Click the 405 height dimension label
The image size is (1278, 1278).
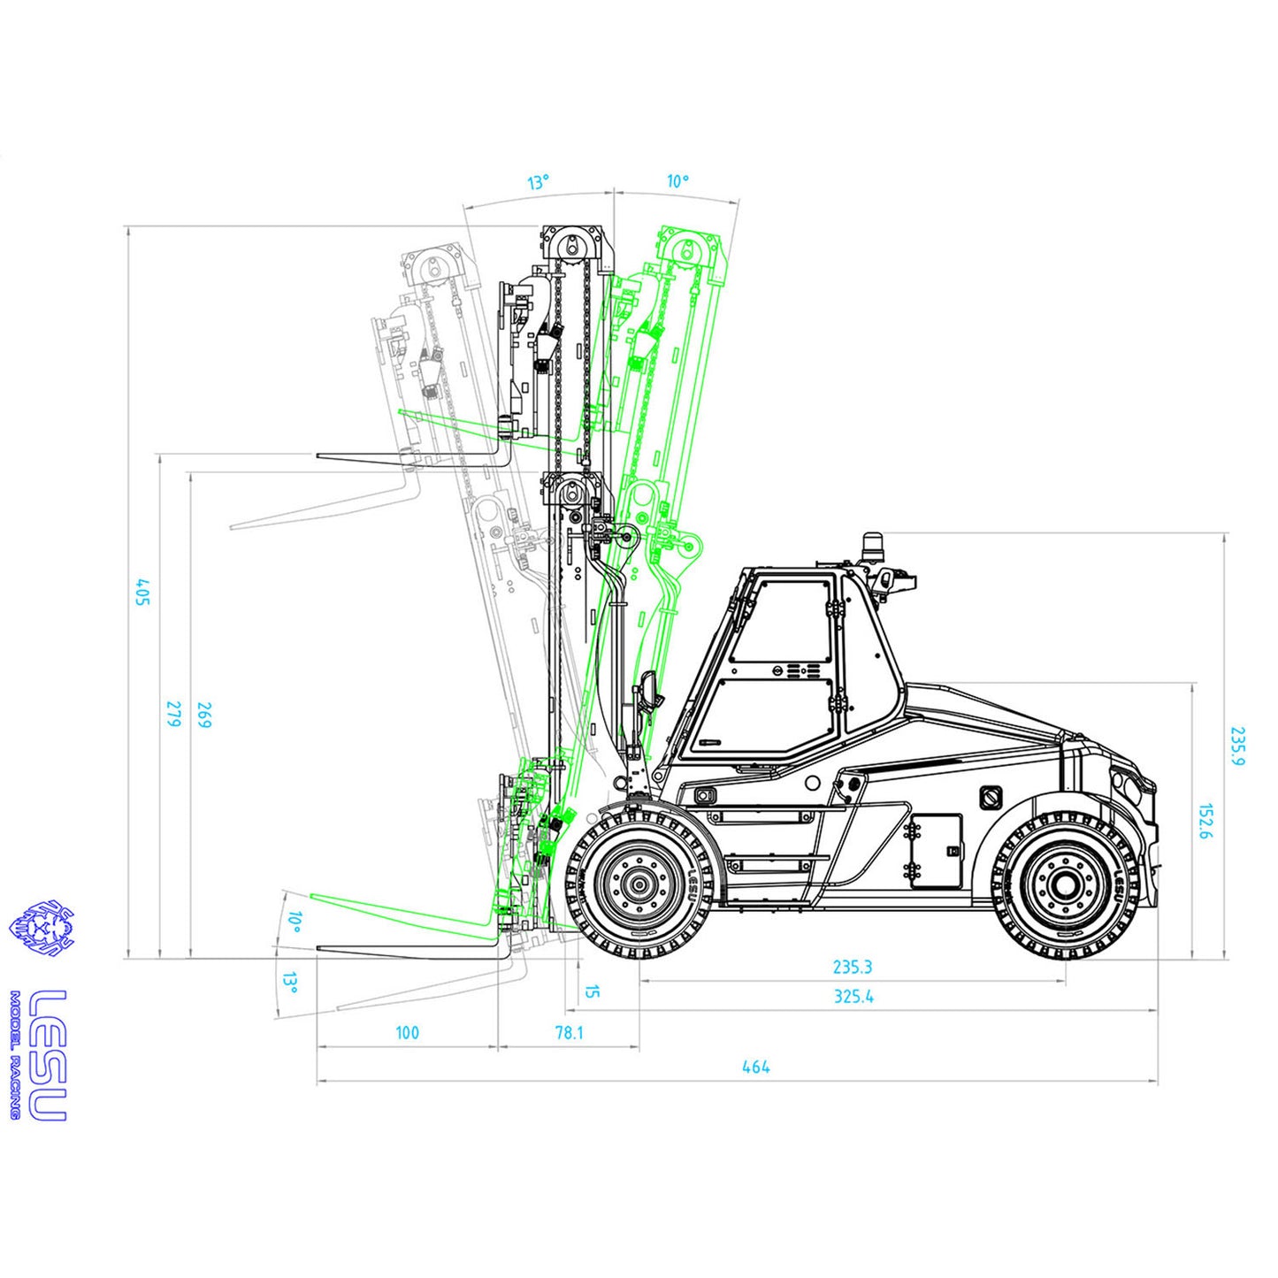click(x=142, y=592)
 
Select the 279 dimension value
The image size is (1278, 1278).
click(x=174, y=714)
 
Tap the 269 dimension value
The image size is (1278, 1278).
click(x=204, y=715)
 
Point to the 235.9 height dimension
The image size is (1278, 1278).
click(x=1237, y=746)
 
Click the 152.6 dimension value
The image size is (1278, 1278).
click(x=1205, y=822)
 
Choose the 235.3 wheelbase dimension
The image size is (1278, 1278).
click(x=853, y=967)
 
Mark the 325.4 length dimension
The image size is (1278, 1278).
click(x=853, y=996)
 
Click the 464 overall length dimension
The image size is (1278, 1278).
click(x=755, y=1067)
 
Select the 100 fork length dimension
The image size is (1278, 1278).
click(x=407, y=1032)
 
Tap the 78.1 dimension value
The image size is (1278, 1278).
click(x=569, y=1032)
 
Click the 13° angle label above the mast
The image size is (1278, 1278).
click(x=538, y=182)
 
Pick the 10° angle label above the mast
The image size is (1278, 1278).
click(x=677, y=181)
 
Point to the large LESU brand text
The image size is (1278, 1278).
click(x=49, y=1054)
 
